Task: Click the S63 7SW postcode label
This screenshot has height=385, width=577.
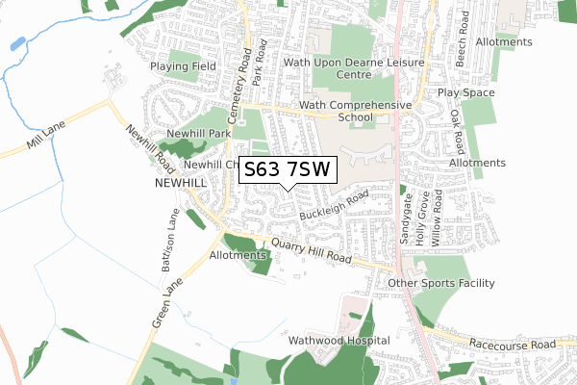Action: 288,169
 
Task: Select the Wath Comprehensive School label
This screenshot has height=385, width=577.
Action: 355,111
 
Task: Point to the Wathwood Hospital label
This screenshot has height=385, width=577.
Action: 344,341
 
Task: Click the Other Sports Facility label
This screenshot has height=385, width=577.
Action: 440,283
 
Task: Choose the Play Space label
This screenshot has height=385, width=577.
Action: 466,93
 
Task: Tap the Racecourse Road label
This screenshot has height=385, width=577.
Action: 514,344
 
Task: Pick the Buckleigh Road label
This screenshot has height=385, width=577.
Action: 334,205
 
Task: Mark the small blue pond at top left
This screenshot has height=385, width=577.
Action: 17,44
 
